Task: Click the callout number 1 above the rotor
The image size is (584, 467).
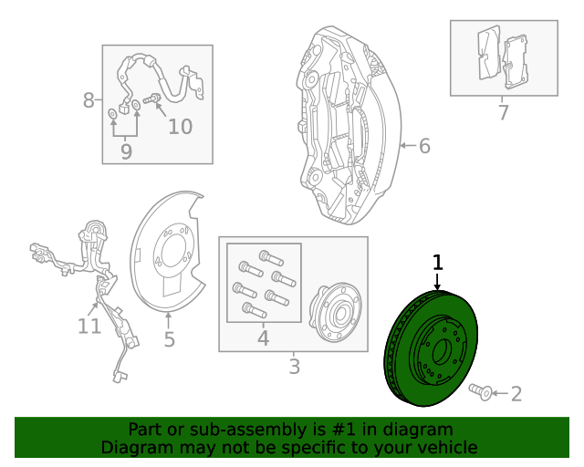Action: pyautogui.click(x=438, y=263)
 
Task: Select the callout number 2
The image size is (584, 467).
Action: pyautogui.click(x=516, y=394)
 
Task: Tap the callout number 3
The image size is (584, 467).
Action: pyautogui.click(x=294, y=367)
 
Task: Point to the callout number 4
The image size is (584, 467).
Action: pyautogui.click(x=263, y=339)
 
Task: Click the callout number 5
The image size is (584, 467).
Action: pyautogui.click(x=169, y=339)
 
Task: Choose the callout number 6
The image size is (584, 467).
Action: pyautogui.click(x=423, y=146)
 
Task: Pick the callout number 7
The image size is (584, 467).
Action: pyautogui.click(x=503, y=113)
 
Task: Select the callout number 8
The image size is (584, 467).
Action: pyautogui.click(x=89, y=100)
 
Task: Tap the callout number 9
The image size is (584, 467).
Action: pyautogui.click(x=126, y=151)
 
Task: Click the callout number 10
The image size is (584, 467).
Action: pyautogui.click(x=180, y=127)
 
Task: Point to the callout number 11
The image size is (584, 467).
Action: pyautogui.click(x=89, y=326)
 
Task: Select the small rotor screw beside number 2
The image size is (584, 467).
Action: pyautogui.click(x=480, y=392)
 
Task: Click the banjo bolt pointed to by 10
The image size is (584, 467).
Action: pyautogui.click(x=152, y=99)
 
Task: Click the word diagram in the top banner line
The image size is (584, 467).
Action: pyautogui.click(x=418, y=430)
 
